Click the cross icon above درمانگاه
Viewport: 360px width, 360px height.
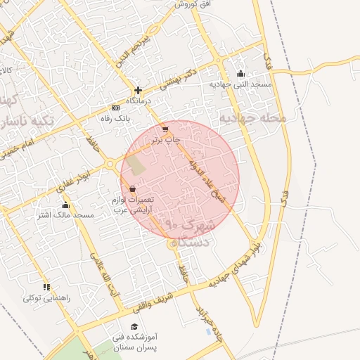point(138,90)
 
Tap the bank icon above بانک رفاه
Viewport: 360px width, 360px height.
point(115,108)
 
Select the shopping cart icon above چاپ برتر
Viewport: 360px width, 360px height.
point(165,129)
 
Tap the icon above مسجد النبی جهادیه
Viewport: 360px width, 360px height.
point(240,73)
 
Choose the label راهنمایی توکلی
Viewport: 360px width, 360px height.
point(46,297)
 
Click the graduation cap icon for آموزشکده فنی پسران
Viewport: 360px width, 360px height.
point(134,326)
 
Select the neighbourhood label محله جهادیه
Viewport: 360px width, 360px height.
point(253,118)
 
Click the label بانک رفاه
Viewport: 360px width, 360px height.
point(117,119)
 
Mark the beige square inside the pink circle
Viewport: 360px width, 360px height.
point(138,166)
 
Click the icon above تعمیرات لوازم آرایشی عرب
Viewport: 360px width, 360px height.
point(133,188)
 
